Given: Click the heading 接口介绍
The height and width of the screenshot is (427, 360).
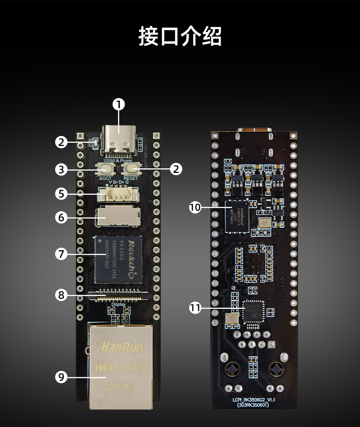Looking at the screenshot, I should click(180, 36).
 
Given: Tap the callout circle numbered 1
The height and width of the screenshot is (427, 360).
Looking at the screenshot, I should click(119, 104).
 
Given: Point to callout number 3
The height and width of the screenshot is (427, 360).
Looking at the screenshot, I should click(62, 170).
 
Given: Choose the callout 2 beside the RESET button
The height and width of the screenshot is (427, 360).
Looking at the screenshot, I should click(176, 169).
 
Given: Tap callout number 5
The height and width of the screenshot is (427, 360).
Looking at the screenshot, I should click(62, 193).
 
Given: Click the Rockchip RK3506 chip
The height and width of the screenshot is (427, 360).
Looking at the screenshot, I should click(118, 258).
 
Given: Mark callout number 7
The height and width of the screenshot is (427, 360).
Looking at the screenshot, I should click(62, 254).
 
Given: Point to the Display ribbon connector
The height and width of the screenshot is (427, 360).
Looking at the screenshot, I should click(118, 295).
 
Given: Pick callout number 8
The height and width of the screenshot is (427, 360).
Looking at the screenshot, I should click(62, 295).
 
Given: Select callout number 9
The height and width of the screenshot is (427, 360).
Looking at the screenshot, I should click(62, 377).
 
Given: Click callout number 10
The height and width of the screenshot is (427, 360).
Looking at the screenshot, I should click(195, 208).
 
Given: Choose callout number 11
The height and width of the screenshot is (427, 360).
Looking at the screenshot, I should click(195, 308).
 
